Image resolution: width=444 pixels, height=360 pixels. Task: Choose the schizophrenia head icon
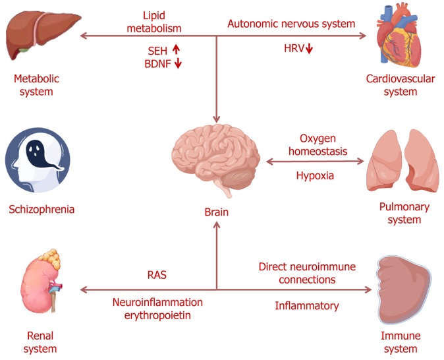coord(38,162)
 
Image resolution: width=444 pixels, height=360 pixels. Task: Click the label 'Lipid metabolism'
coord(162,21)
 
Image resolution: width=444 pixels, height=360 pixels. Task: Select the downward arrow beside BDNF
coord(178,64)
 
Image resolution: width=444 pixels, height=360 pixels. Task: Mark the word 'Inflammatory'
coord(306,305)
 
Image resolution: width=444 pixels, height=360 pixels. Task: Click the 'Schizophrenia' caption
coord(42,210)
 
